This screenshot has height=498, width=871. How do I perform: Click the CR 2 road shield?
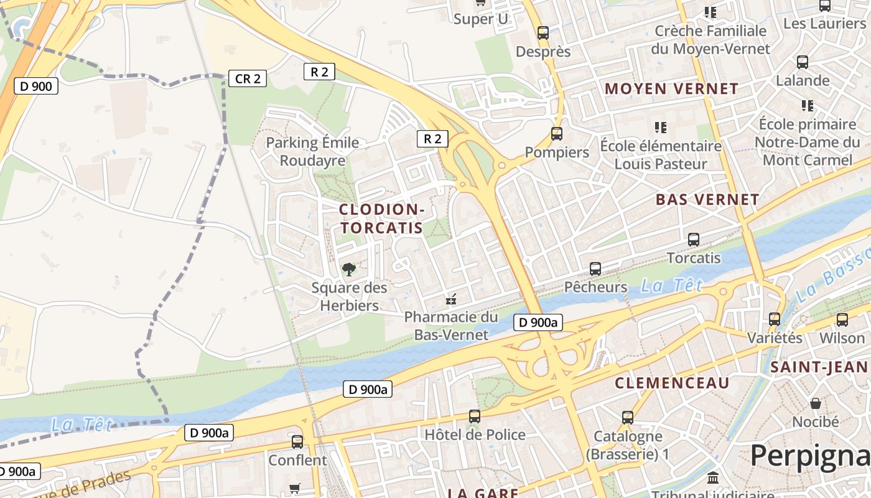pos(248,78)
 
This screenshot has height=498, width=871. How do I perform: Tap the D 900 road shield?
pos(36,86)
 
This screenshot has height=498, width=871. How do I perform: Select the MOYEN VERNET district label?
pos(671,88)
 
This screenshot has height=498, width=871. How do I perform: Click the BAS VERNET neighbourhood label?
pos(707,200)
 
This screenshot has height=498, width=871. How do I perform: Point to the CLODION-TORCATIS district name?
pos(382,218)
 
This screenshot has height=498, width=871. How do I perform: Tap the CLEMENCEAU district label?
pos(672,383)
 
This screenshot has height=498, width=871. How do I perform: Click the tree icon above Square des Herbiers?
pos(349,270)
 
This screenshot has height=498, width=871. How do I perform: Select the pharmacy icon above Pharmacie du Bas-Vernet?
pos(451,299)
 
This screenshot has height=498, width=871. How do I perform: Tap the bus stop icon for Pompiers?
pos(557,134)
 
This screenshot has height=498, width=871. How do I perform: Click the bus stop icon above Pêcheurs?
pos(595,269)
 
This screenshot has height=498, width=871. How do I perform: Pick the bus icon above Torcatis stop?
pos(694,240)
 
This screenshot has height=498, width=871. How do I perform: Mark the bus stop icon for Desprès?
pos(543,33)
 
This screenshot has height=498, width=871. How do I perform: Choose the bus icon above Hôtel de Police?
pos(475,416)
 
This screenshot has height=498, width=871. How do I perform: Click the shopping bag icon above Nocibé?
pos(815,404)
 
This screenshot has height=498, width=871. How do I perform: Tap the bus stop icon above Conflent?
pos(297,442)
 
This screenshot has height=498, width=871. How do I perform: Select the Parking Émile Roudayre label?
pos(312,151)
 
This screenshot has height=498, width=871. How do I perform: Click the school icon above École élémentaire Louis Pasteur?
pos(661,128)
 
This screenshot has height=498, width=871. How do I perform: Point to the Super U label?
pos(480,19)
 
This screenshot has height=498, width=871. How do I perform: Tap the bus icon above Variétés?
pos(775,319)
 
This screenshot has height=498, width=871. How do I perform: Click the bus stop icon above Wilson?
pos(842,320)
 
